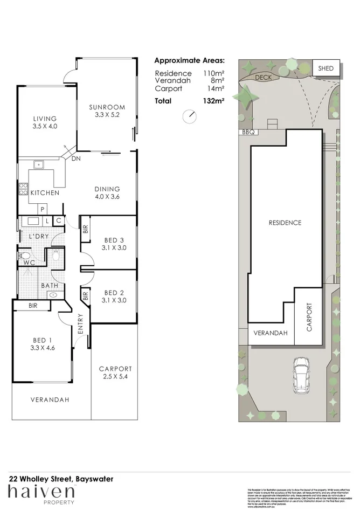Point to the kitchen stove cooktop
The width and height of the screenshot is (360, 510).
coord(24,189)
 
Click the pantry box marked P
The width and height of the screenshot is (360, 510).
coord(43,209)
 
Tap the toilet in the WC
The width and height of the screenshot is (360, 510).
coord(24,255)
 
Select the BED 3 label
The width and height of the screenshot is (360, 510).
coord(114,240)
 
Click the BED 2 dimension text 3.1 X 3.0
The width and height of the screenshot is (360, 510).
coord(114,300)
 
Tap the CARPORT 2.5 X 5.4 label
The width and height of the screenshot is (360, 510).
coord(115,373)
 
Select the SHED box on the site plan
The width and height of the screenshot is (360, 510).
coord(326,68)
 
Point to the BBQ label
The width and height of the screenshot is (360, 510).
coord(248,132)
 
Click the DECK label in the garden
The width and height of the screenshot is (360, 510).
coord(264,78)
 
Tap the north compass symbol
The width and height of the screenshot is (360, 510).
coord(189,116)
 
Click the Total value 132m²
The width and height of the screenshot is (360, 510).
coord(213,100)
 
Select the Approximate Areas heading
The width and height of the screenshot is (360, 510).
coord(190,61)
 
